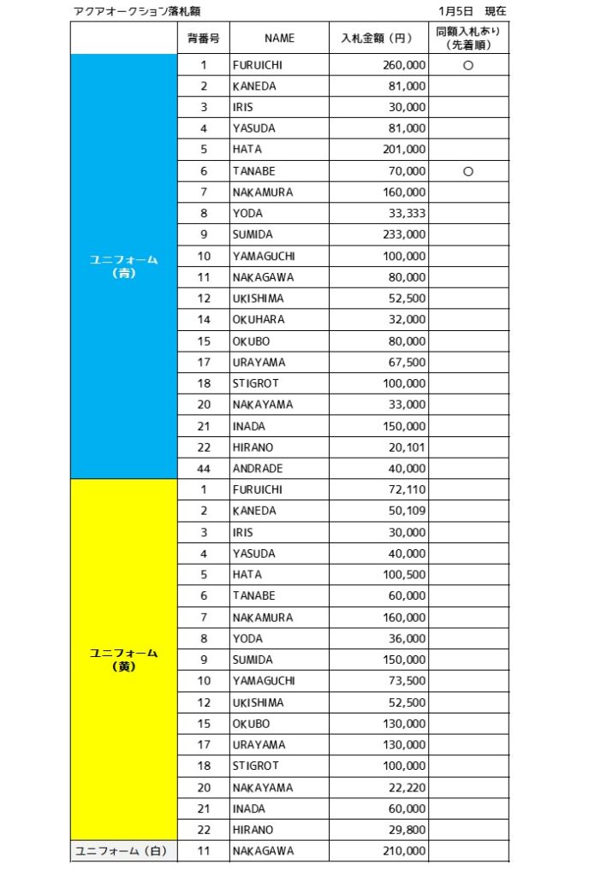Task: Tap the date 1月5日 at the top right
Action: (455, 11)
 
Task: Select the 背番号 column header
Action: (203, 38)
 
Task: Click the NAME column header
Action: (279, 38)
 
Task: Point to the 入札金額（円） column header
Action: (378, 38)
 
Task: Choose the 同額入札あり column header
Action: (467, 38)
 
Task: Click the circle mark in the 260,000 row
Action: (467, 65)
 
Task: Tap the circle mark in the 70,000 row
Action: (467, 171)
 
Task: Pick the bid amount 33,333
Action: (404, 213)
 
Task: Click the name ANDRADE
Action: (257, 468)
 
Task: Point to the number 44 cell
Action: (204, 468)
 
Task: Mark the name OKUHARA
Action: (258, 319)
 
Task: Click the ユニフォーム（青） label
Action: (124, 266)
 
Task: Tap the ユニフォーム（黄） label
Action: (124, 659)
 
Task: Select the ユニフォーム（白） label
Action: (124, 850)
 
